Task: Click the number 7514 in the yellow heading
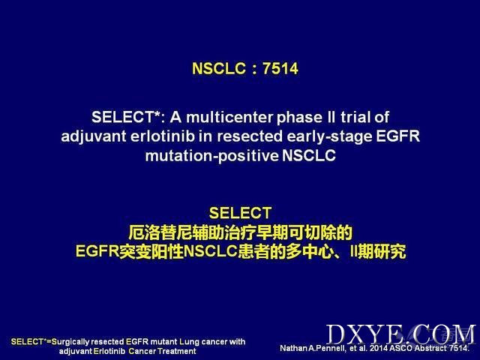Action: pyautogui.click(x=280, y=68)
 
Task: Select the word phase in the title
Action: pyautogui.click(x=299, y=118)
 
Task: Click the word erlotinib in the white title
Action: pyautogui.click(x=163, y=136)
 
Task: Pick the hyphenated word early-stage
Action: pyautogui.click(x=329, y=136)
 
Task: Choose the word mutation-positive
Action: pyautogui.click(x=211, y=156)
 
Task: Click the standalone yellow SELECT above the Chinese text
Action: pyautogui.click(x=240, y=213)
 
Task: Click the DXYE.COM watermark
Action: pyautogui.click(x=401, y=334)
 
